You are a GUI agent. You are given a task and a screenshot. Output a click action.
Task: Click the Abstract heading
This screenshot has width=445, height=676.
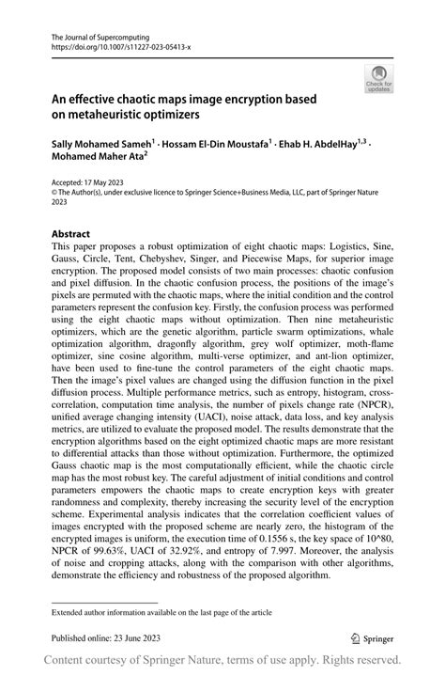pos(70,233)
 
